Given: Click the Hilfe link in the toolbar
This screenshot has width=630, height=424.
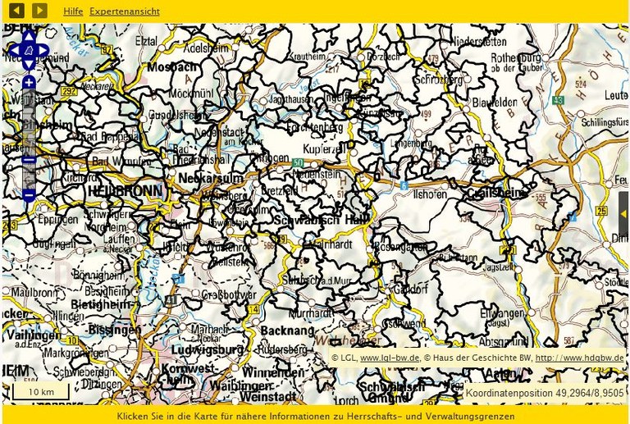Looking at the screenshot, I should point(73,11).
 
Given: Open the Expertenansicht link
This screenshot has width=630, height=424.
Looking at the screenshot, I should point(125,11).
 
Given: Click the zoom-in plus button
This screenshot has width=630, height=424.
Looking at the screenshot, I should point(29,83).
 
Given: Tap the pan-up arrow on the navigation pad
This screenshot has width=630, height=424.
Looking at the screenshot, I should point(29,36).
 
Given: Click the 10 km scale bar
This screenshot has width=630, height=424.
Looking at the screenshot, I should point(40,392).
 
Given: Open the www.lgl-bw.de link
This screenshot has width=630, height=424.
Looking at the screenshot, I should point(390,358).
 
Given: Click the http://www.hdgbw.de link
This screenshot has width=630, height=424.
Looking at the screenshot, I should point(579,358).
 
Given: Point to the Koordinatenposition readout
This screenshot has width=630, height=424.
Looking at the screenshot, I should point(544,393).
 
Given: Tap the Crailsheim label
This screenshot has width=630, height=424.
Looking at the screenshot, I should point(494,192).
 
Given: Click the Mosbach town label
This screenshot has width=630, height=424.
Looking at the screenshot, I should point(170,66).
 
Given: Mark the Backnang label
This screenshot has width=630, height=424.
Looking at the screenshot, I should point(287,330).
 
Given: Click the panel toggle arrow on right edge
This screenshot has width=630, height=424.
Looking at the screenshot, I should point(623,214).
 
